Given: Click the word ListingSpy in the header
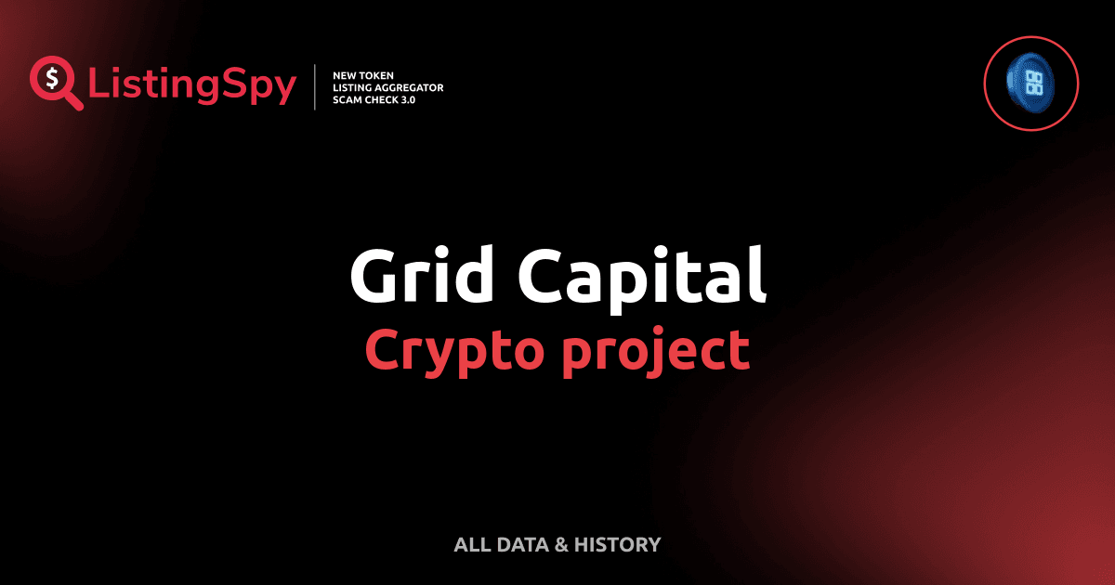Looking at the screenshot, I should click(x=192, y=86).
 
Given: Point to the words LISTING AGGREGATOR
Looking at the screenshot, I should click(x=388, y=87).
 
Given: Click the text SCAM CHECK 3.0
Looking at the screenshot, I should click(x=374, y=99).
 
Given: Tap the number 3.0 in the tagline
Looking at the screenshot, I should click(x=406, y=99).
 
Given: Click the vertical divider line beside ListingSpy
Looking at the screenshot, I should click(x=317, y=86).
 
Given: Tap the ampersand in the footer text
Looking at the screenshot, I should click(x=560, y=544).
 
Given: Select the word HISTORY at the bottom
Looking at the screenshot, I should click(x=617, y=544).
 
